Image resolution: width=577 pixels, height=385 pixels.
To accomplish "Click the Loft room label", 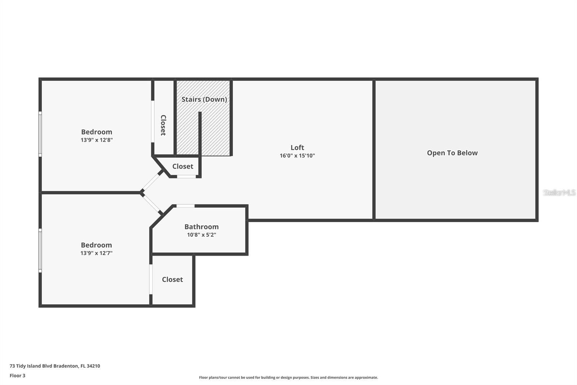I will click(297, 147).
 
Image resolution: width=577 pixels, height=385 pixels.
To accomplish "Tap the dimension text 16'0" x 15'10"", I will click(297, 156).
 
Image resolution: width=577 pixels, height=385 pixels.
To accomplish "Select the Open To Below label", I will click(452, 153).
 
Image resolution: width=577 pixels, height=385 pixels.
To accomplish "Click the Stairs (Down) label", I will click(204, 99).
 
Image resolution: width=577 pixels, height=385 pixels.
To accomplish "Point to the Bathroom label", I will click(201, 227).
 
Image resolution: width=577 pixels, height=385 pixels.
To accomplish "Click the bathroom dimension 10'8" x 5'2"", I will click(201, 235).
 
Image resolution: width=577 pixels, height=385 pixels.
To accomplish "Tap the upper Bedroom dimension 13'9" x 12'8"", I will click(97, 140).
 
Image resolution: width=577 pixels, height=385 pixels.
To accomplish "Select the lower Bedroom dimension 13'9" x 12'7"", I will click(96, 253).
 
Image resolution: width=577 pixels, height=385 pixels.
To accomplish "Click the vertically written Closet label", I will click(163, 125).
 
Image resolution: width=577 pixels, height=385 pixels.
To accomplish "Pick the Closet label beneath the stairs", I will click(182, 166).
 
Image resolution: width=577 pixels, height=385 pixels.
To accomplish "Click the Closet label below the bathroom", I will click(172, 280).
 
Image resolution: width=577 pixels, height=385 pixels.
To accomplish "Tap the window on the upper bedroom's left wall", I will click(40, 134).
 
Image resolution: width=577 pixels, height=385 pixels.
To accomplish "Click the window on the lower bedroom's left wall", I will click(40, 250).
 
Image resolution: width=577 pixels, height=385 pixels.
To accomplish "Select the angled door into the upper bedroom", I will click(151, 181).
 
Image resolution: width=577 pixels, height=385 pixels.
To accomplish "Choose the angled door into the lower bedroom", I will click(152, 204).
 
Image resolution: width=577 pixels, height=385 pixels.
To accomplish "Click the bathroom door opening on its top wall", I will click(185, 206).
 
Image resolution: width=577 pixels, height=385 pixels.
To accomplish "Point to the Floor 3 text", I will click(17, 376).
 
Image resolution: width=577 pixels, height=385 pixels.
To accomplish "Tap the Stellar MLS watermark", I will click(559, 192).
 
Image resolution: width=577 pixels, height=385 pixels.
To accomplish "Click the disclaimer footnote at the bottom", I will click(288, 377).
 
